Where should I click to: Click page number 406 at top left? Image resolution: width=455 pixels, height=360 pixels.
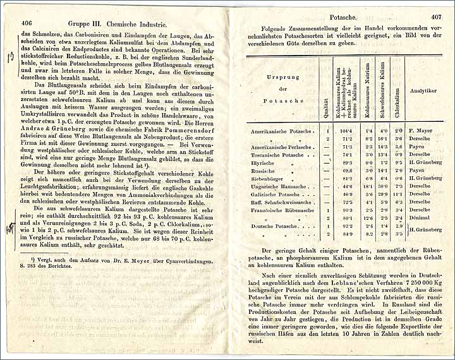coord(26,20)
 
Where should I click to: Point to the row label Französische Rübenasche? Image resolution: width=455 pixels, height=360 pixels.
coord(282,210)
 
